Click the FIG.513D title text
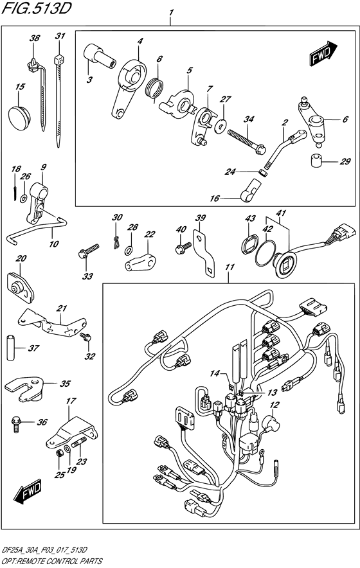36,8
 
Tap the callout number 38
34,39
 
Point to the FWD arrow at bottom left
32,493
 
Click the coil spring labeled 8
156,88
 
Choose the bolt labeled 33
87,250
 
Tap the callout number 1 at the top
171,13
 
